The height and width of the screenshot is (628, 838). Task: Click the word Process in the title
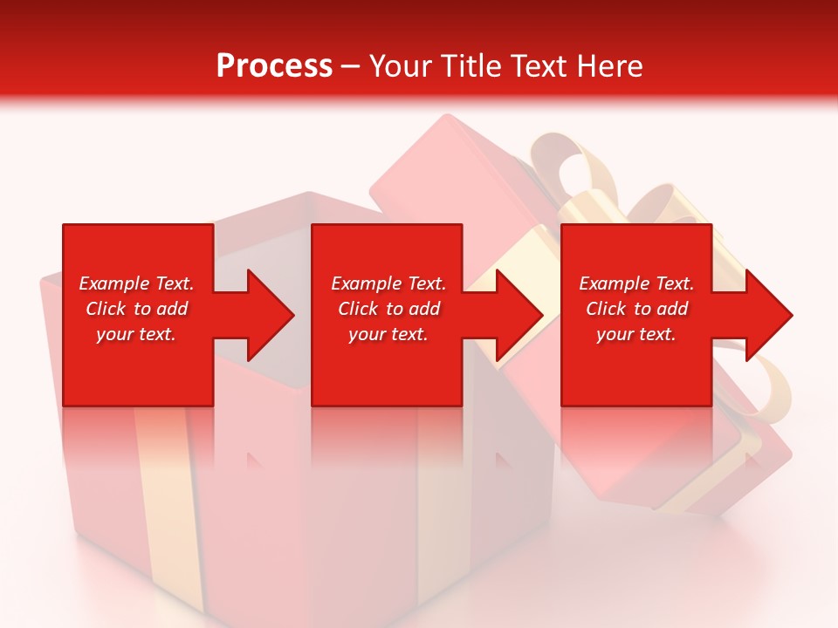274,66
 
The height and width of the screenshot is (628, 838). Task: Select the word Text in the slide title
539,66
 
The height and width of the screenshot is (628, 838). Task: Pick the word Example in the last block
615,283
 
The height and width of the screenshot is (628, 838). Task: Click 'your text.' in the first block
136,334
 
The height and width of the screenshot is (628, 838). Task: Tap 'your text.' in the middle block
388,334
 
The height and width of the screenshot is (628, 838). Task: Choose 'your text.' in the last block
636,334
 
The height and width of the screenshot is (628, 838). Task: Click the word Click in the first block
105,309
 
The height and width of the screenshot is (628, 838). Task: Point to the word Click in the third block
606,309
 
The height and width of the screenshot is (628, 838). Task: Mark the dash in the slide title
351,66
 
